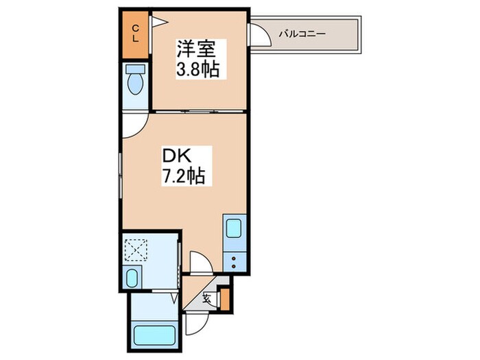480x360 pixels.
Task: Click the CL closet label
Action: coord(135,34)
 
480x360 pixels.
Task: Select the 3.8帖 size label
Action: coord(199,69)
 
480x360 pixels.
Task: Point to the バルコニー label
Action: coord(302,33)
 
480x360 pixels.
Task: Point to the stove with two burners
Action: coord(233,260)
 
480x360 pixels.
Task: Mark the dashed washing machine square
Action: coord(136,249)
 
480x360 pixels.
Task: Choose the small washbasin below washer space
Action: coord(133,277)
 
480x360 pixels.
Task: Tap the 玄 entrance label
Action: coord(207,296)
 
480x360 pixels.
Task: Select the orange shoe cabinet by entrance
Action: coord(224,299)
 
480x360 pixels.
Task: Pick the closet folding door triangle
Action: coord(158,22)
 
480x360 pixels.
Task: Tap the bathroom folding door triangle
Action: coord(174,298)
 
